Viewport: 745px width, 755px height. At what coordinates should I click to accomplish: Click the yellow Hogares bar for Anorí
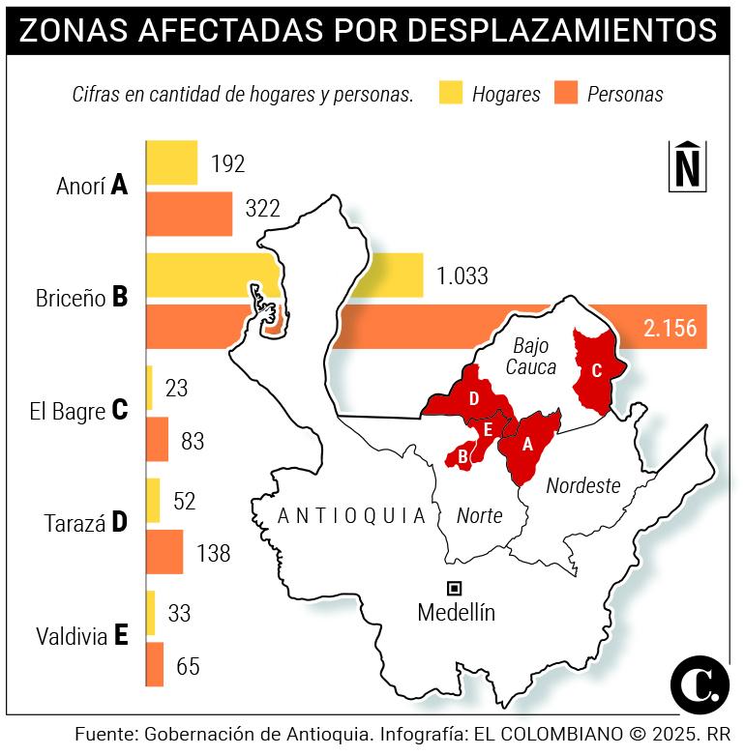click(172, 162)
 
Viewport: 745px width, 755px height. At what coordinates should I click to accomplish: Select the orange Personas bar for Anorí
click(190, 213)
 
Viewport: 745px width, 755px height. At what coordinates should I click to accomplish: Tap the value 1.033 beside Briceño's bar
click(462, 276)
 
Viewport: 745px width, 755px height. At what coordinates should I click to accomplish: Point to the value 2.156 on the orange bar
click(670, 328)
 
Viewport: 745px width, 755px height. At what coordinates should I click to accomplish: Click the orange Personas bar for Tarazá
click(164, 552)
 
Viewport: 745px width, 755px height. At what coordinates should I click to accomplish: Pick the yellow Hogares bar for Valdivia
click(151, 612)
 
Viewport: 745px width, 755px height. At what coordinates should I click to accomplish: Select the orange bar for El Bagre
click(158, 439)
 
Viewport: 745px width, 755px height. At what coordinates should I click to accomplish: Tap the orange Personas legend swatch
click(566, 93)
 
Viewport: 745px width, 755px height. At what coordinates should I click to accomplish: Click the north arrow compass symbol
click(686, 165)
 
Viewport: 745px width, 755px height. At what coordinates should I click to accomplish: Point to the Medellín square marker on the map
click(454, 587)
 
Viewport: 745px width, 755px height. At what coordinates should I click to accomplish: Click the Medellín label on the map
click(456, 612)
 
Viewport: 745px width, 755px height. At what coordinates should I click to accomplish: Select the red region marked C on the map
click(594, 370)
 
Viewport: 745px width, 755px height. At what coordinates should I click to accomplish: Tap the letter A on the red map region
click(527, 445)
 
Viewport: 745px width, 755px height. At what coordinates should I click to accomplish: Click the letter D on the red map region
click(473, 398)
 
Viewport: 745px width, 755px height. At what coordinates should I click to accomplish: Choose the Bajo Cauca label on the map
click(531, 356)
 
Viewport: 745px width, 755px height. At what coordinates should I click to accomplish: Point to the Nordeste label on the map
click(582, 485)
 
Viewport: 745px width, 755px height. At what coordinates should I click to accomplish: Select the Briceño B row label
click(80, 296)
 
